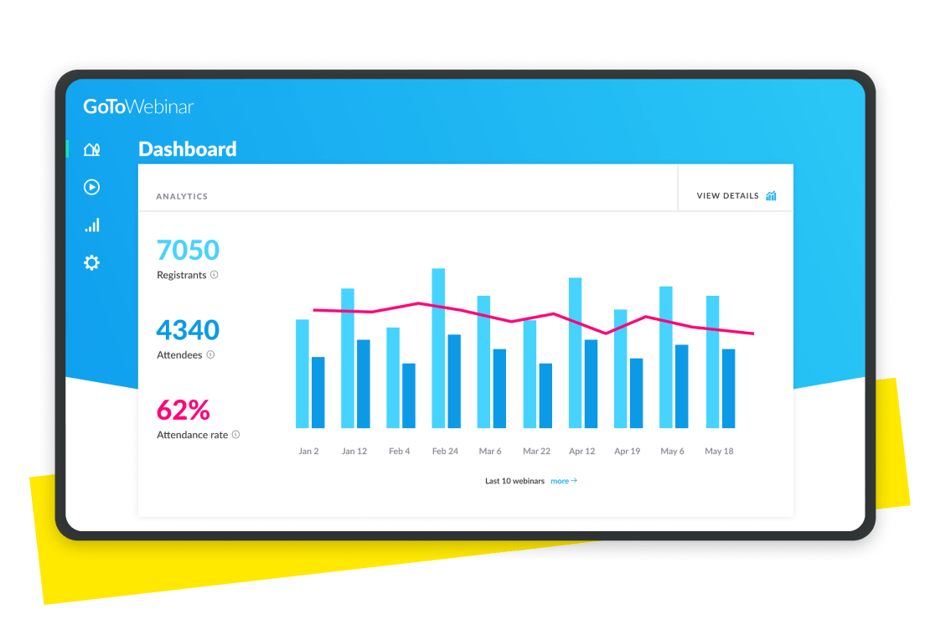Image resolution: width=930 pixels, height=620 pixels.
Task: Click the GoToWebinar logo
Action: coord(138,106)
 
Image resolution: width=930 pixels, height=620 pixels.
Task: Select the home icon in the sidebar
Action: coord(91,150)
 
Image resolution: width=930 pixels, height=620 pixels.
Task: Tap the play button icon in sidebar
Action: coord(91,187)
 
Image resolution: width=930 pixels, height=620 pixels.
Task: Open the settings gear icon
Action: coord(91,263)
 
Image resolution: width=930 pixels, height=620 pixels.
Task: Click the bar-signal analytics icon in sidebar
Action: coord(91,225)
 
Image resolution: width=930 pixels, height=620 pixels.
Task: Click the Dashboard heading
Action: coord(187,149)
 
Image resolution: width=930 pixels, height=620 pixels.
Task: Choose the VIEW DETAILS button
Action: coord(736,196)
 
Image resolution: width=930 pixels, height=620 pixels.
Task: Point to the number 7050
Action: coord(188,250)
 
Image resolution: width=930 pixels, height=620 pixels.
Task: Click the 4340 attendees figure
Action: coord(188,330)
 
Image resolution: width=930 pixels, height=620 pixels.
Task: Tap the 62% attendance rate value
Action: coord(183,410)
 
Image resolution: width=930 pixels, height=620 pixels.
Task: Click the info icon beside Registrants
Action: coord(214,275)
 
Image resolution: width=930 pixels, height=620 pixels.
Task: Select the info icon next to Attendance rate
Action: coord(235,435)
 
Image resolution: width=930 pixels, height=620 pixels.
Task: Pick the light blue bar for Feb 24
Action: coord(438,348)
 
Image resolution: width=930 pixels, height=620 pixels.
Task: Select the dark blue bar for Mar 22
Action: coord(545,395)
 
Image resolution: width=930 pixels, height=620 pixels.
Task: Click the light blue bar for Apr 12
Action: coord(575,353)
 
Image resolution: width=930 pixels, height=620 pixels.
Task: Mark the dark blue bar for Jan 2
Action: coord(318,392)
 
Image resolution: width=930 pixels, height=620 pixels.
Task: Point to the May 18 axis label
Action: coord(719,451)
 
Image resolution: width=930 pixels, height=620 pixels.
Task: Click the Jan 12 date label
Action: coord(354,451)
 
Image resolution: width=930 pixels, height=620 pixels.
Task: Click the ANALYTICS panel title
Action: coord(182,197)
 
